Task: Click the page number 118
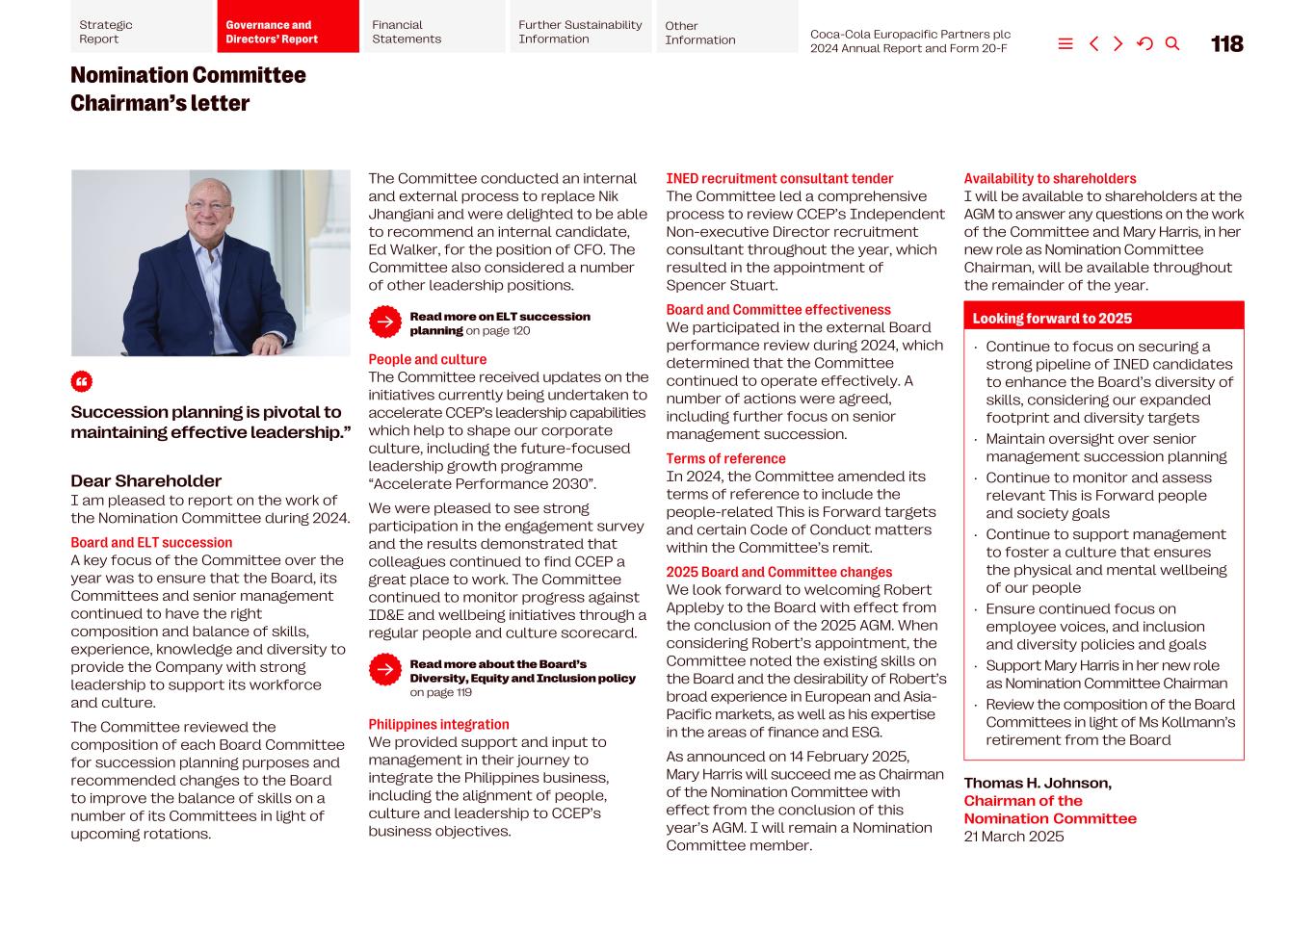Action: coord(1226,44)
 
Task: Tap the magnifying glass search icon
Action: coord(1172,44)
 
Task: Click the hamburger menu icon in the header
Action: coord(1065,44)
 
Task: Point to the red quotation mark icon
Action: coord(82,382)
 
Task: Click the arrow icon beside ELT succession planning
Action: coord(385,323)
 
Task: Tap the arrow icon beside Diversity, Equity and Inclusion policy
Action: coord(385,670)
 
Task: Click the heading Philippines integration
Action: coord(438,725)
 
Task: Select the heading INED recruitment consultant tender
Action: coord(779,179)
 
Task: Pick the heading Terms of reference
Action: coord(725,459)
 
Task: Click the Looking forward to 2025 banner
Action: coord(1103,318)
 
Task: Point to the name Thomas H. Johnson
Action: coord(1038,784)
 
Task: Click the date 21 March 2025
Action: coord(1013,837)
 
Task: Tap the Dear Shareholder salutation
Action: coord(145,481)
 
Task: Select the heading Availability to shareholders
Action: coord(1049,179)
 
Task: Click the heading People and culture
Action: coord(427,360)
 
